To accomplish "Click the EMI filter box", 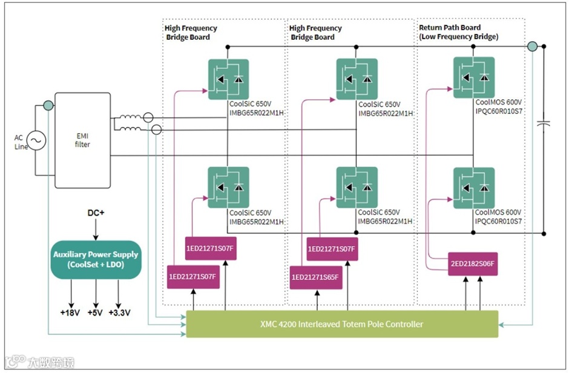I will tap(82, 140).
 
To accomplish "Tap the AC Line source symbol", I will tap(35, 141).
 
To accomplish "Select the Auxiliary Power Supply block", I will tap(95, 259).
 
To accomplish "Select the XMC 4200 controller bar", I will tap(341, 324).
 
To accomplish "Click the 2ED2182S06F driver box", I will tap(473, 264).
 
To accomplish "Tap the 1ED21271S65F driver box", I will tap(315, 277).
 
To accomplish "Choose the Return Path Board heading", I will tap(450, 28).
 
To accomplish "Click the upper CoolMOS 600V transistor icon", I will tap(474, 77).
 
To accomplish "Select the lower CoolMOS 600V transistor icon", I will tap(474, 187).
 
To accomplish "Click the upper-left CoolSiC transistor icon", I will tap(228, 79).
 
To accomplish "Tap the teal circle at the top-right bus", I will tap(532, 47).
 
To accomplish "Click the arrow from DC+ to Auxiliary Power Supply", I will tap(95, 230).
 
